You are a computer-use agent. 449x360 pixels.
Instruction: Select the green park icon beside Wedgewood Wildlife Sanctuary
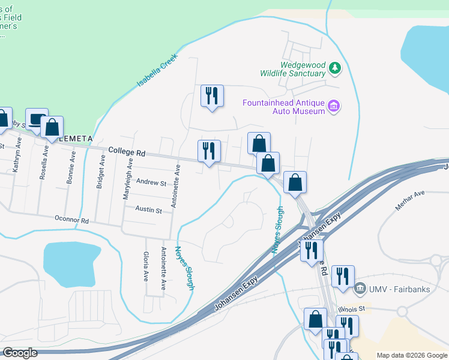(x=335, y=69)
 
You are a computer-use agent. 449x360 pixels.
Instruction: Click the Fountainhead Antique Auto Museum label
(x=283, y=107)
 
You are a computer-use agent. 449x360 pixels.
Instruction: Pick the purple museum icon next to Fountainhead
(x=334, y=107)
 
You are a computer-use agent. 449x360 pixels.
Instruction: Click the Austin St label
(x=148, y=211)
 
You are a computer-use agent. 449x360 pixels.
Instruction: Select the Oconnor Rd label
(x=71, y=220)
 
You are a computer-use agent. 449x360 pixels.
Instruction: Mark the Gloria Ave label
(x=146, y=267)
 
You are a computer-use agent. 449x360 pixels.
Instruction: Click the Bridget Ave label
(x=100, y=171)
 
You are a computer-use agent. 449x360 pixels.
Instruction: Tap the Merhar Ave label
(x=409, y=200)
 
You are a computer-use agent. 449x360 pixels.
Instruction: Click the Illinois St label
(x=351, y=309)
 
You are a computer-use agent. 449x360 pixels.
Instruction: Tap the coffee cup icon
(x=38, y=120)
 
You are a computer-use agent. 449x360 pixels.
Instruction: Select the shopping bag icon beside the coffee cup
(x=52, y=128)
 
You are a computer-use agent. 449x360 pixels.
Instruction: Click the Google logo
(x=20, y=353)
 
